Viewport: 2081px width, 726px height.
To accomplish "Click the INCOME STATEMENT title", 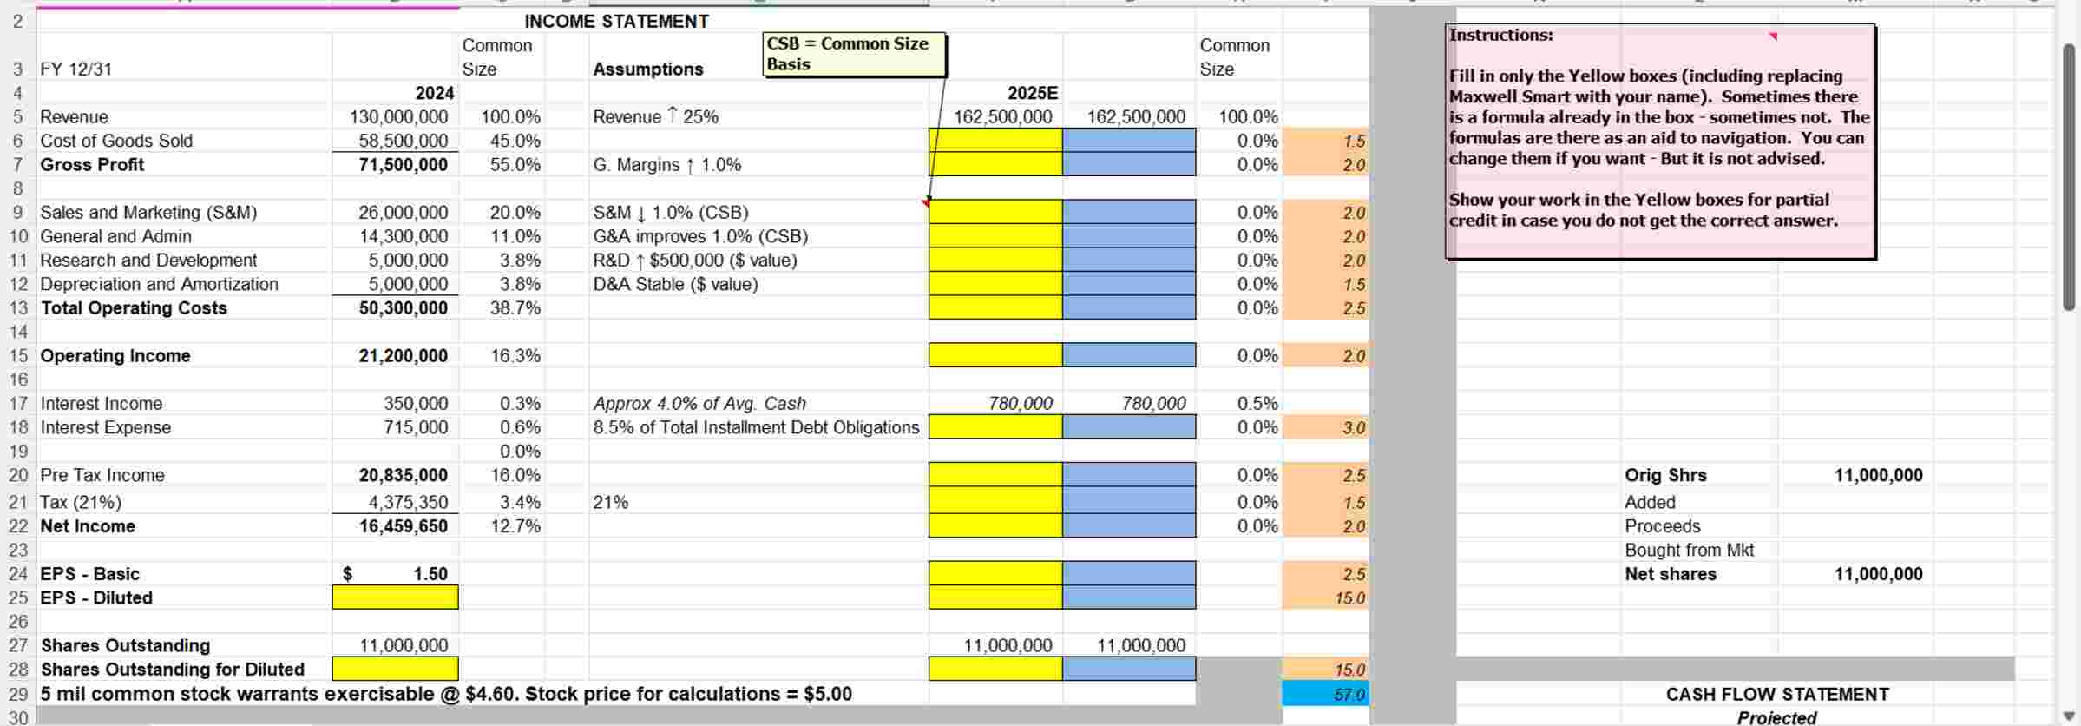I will [x=616, y=22].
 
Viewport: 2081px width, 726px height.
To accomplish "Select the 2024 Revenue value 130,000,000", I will [x=398, y=117].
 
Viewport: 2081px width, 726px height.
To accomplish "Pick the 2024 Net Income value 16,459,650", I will [x=404, y=526].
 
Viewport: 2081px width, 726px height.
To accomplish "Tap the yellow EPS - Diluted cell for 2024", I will [x=395, y=597].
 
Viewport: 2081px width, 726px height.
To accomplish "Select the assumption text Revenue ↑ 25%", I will [x=655, y=117].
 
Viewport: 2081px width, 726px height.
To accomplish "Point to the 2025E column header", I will [x=1032, y=93].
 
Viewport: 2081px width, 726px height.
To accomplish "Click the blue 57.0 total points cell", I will [x=1325, y=695].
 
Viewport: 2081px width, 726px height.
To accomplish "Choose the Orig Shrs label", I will [x=1665, y=475].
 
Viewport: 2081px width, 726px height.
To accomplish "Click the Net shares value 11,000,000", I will [x=1878, y=574].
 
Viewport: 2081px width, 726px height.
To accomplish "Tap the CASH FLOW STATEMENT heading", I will [x=1776, y=695].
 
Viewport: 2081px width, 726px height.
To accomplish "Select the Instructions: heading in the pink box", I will [x=1501, y=36].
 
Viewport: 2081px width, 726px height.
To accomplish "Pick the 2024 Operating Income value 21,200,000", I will [x=404, y=356].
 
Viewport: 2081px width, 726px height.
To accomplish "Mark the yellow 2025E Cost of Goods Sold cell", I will [x=995, y=141].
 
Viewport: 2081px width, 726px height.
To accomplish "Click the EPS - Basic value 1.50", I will [x=430, y=574].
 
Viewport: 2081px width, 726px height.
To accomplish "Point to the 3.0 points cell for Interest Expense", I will [x=1325, y=427].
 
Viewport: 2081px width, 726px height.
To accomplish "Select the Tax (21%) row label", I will [x=81, y=502].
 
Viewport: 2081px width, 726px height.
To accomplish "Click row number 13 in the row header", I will [x=18, y=308].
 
